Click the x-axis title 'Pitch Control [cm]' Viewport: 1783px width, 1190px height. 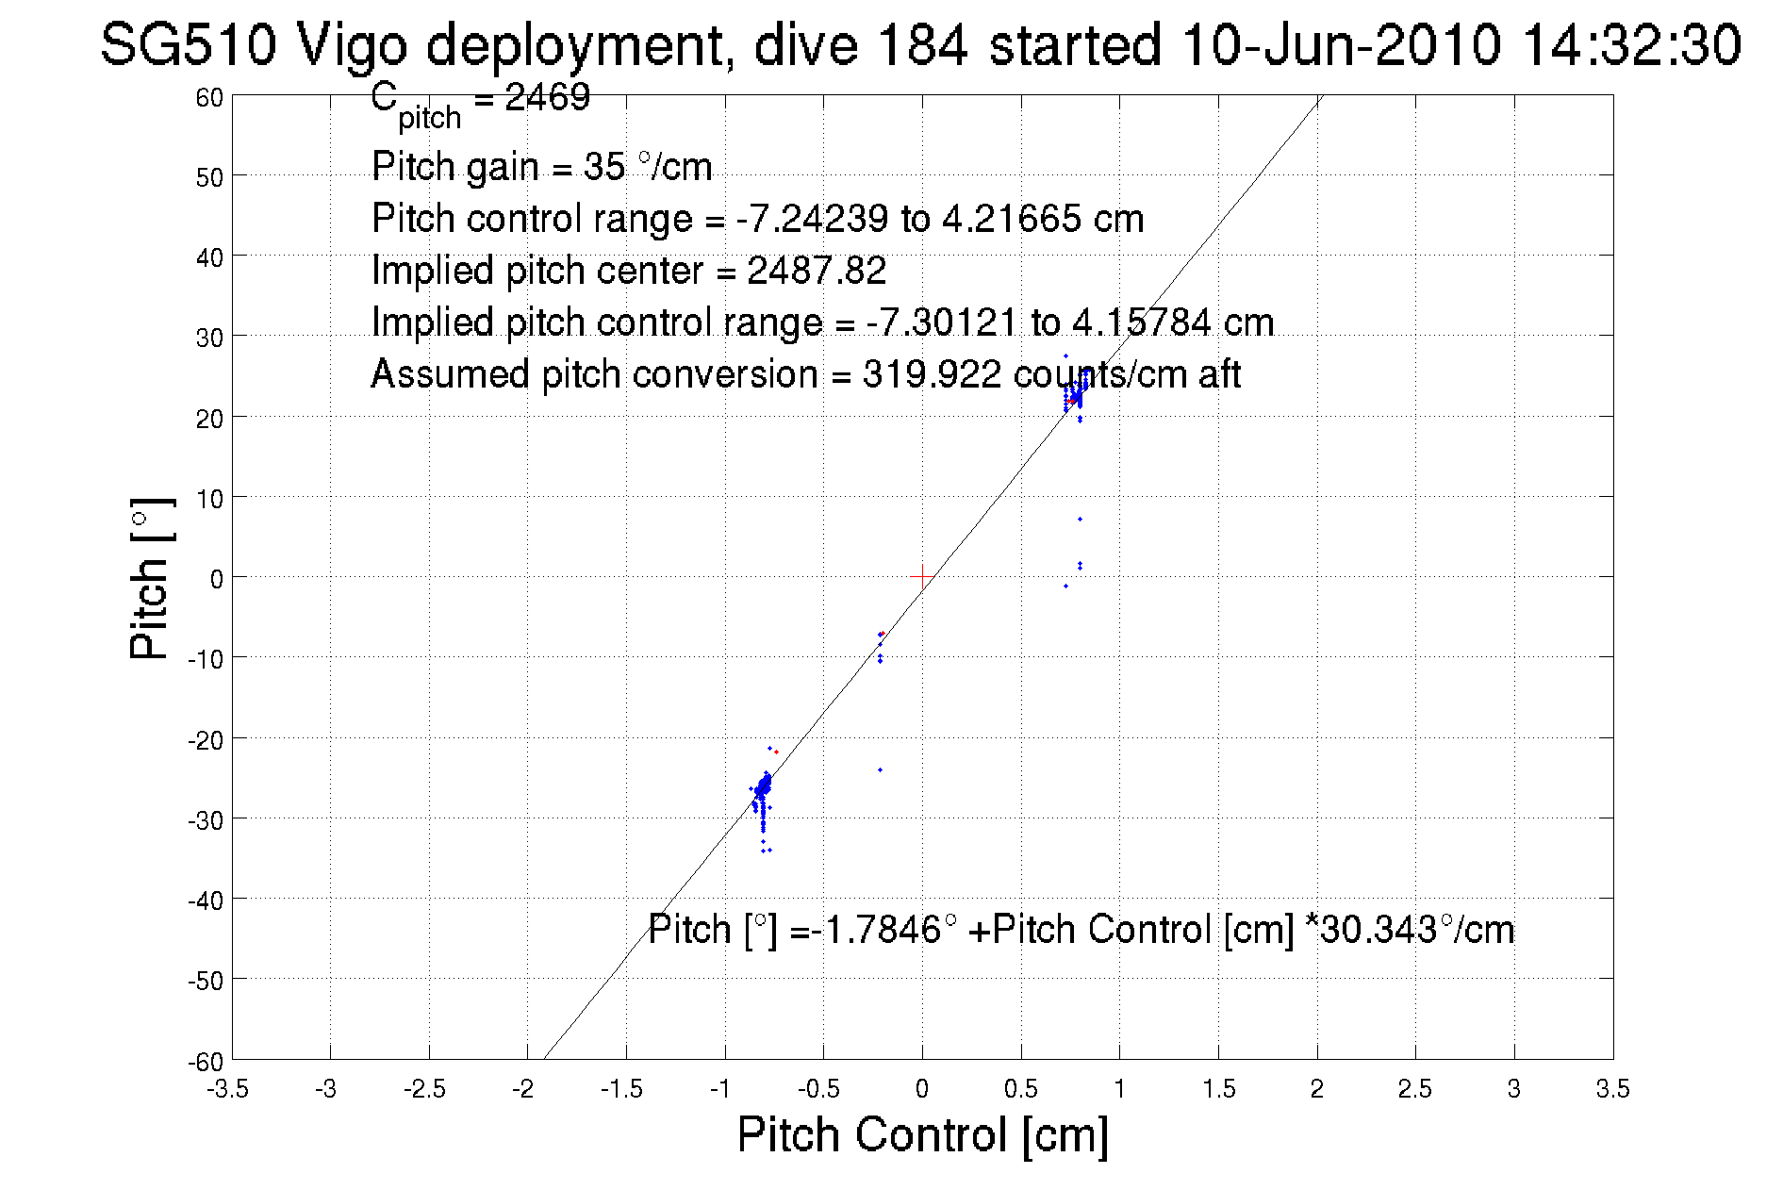(921, 1134)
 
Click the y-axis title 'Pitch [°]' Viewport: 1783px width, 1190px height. (151, 578)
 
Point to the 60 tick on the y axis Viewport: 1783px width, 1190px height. (209, 97)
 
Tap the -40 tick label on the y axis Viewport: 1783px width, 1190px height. (206, 901)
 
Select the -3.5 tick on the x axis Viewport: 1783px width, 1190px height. (228, 1089)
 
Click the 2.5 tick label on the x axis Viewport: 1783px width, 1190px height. (1414, 1089)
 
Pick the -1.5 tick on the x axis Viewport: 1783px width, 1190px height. (621, 1089)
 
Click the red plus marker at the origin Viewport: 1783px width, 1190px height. (922, 576)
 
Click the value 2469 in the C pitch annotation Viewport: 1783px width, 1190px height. (547, 97)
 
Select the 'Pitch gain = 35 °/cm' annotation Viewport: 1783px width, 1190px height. (541, 167)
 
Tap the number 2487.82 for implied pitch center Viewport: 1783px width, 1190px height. (817, 271)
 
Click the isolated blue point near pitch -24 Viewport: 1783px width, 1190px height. (881, 769)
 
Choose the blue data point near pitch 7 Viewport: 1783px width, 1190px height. (1080, 519)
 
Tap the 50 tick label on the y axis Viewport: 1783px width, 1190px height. (209, 177)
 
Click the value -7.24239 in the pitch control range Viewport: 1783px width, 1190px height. (811, 219)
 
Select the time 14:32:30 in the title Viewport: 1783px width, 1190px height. (1631, 44)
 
